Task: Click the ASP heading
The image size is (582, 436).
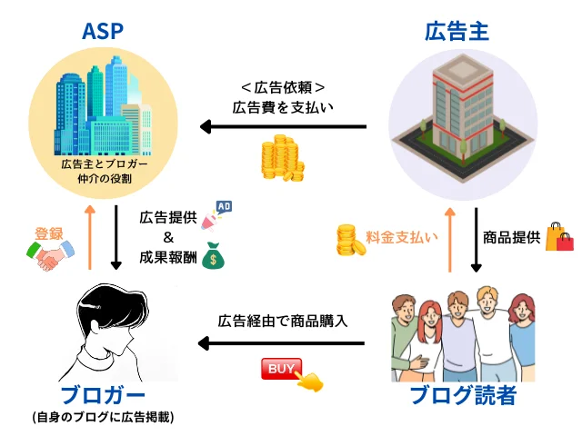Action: click(103, 31)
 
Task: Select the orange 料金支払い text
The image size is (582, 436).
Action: click(401, 238)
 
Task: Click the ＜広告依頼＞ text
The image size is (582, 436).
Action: click(283, 87)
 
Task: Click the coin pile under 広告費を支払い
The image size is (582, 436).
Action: click(281, 159)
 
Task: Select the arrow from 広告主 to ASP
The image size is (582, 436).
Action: click(283, 127)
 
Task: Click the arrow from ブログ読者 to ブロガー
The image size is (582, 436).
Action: click(281, 343)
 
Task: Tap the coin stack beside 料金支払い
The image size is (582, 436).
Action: click(349, 240)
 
